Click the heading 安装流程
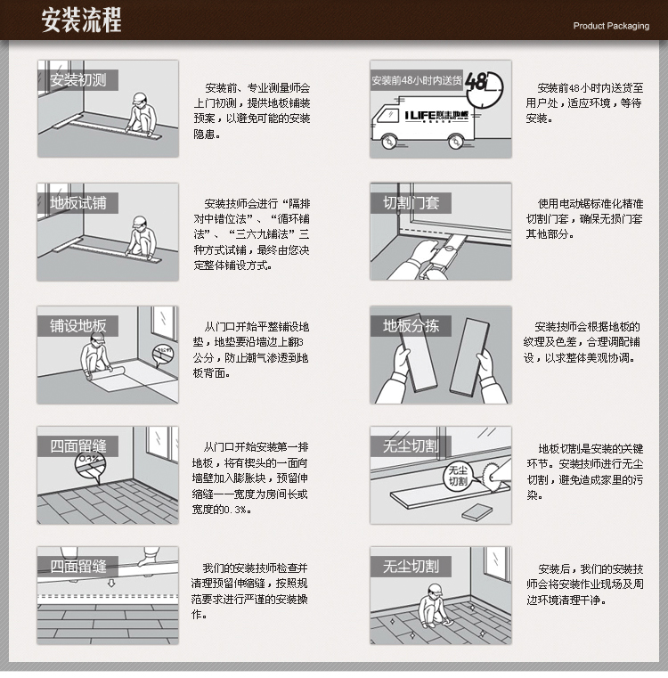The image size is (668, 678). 81,20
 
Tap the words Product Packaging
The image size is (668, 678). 611,26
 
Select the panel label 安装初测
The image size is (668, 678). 78,80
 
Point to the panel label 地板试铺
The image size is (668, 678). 78,203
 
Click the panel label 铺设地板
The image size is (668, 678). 78,325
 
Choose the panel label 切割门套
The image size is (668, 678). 411,203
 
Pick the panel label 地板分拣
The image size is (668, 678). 411,325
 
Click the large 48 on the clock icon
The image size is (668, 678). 476,81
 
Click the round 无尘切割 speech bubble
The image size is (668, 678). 458,477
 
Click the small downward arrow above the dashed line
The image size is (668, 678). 111,584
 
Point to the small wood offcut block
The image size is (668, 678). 477,512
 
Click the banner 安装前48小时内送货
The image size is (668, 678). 417,80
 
